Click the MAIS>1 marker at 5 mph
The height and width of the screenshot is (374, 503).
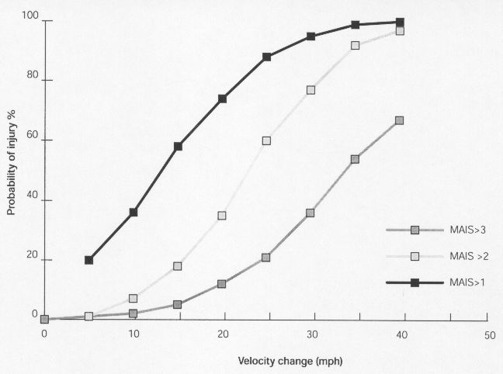[89, 260]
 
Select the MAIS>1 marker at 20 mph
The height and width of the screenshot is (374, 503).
[222, 99]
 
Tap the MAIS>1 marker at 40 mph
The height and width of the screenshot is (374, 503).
[400, 22]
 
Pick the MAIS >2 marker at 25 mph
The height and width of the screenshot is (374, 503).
[266, 141]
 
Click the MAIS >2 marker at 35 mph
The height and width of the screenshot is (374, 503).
[356, 46]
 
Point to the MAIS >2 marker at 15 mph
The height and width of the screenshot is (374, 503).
[178, 266]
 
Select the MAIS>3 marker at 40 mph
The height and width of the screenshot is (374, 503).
[400, 120]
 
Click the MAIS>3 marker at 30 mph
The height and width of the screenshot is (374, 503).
[310, 213]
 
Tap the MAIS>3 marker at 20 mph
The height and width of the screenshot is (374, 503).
[222, 284]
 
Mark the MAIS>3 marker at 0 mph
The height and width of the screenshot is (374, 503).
[44, 319]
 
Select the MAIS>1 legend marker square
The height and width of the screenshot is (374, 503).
[415, 283]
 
